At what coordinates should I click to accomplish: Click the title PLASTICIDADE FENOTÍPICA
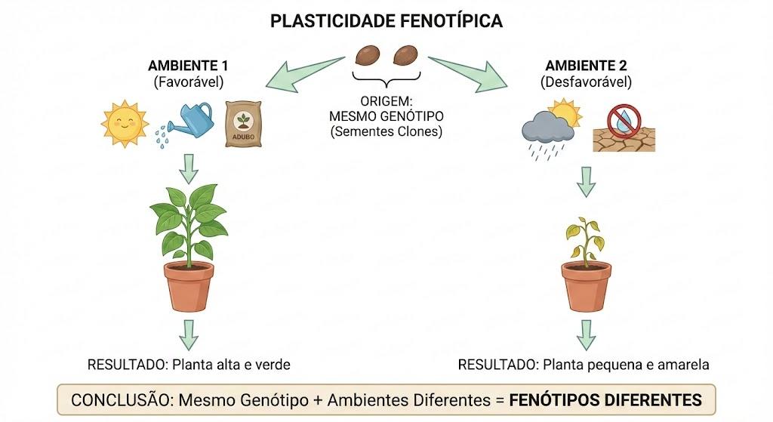pyautogui.click(x=386, y=21)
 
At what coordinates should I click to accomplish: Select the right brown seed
pyautogui.click(x=405, y=54)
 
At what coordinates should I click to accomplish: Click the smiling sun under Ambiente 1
pyautogui.click(x=125, y=123)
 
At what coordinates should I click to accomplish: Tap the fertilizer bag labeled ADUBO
pyautogui.click(x=243, y=125)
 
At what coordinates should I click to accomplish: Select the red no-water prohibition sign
pyautogui.click(x=624, y=121)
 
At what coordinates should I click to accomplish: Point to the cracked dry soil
pyautogui.click(x=624, y=140)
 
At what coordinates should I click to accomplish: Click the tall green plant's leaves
pyautogui.click(x=188, y=220)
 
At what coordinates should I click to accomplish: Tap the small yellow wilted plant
pyautogui.click(x=585, y=240)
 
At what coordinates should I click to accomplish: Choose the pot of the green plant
pyautogui.click(x=189, y=286)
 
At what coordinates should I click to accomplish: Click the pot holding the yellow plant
pyautogui.click(x=586, y=287)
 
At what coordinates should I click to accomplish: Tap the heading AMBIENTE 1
pyautogui.click(x=188, y=66)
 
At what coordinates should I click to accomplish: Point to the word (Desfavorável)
pyautogui.click(x=586, y=82)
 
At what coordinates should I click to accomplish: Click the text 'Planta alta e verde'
pyautogui.click(x=231, y=365)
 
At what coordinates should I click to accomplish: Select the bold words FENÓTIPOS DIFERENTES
pyautogui.click(x=605, y=400)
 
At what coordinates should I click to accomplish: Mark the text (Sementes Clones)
pyautogui.click(x=386, y=131)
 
